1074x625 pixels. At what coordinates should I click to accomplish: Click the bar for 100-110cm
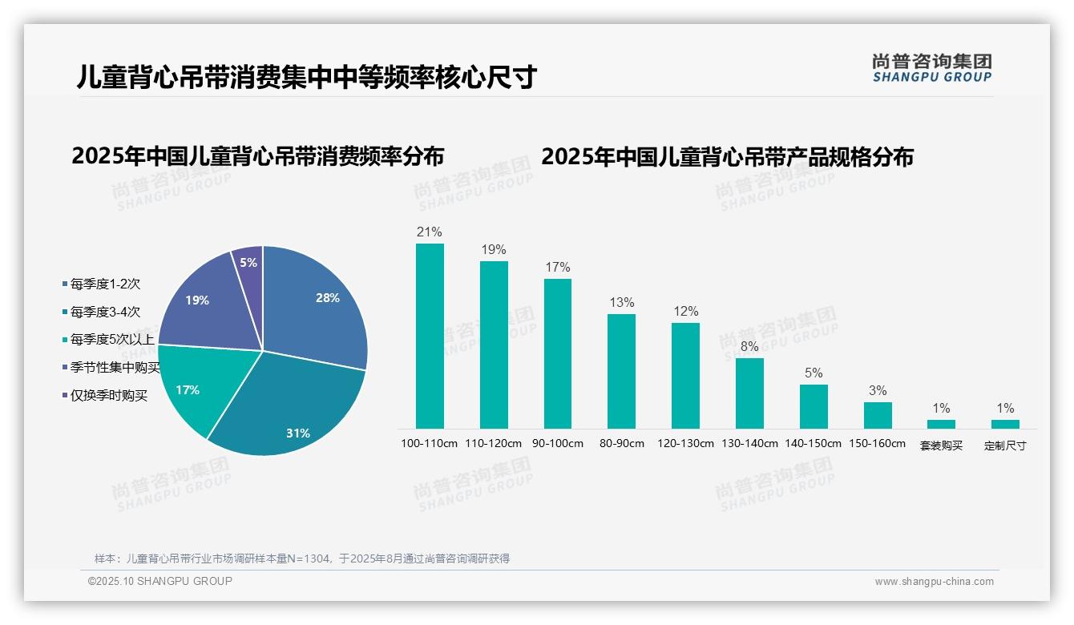coord(430,336)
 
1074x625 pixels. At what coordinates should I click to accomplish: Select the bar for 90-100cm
coord(558,353)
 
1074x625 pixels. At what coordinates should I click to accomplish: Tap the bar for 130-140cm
coord(749,393)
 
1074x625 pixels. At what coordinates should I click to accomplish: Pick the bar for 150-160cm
coord(878,415)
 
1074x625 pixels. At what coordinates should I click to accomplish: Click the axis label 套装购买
coord(941,446)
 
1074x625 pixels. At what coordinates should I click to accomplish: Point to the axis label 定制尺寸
coord(1005,446)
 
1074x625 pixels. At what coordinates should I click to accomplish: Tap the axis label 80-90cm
coord(621,443)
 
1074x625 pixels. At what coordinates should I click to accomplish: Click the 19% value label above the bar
coord(494,249)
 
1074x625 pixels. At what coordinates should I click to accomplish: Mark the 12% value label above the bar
coord(685,311)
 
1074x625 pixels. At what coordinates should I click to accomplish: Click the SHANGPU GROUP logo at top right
coord(931,67)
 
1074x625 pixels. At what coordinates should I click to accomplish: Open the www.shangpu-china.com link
coord(934,582)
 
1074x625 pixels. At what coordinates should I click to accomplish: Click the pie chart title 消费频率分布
coord(257,155)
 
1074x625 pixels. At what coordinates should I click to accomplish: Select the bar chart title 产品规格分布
coord(727,156)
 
